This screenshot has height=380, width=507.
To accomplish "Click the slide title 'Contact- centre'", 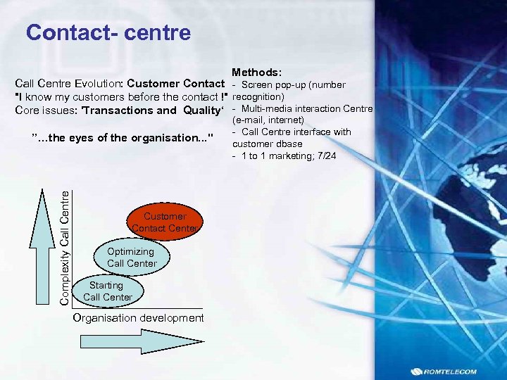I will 108,33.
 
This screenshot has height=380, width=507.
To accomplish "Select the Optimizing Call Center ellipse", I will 131,257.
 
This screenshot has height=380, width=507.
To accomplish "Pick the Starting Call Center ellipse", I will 107,291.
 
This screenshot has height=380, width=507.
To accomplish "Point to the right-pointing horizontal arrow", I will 142,342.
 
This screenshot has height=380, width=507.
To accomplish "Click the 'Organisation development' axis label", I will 139,318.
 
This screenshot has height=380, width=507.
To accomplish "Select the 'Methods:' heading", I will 256,72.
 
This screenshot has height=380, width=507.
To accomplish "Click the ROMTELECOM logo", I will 446,372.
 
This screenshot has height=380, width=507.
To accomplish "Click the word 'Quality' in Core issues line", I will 203,110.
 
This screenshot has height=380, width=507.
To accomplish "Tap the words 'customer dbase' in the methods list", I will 267,144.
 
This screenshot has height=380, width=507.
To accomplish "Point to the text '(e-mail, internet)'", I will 268,120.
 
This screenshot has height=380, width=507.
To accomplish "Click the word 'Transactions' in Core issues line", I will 118,110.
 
